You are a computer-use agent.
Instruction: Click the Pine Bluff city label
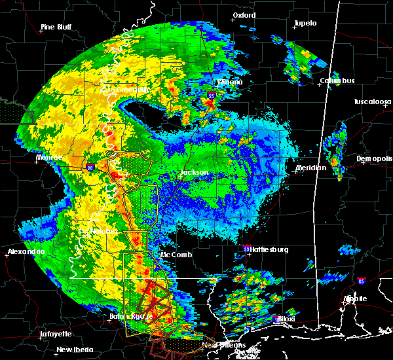[x=56, y=27]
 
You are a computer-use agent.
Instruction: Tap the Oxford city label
[x=244, y=15]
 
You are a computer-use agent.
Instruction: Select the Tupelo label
[x=305, y=23]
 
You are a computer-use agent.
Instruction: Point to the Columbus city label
[x=337, y=81]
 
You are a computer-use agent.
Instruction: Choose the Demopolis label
[x=373, y=159]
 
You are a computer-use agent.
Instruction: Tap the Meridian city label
[x=310, y=168]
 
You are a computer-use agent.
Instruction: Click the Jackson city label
[x=194, y=173]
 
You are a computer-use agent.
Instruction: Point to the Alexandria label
[x=26, y=251]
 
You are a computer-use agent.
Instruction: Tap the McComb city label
[x=176, y=255]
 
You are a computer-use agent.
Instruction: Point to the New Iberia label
[x=73, y=350]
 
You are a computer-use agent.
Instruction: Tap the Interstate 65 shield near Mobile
[x=362, y=281]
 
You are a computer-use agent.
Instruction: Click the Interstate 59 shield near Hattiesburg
[x=246, y=249]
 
